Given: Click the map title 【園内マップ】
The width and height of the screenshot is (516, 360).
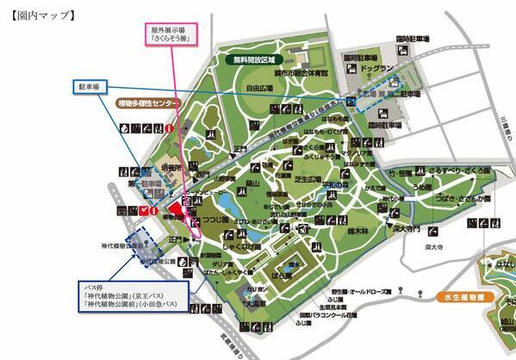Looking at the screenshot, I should [x=40, y=15].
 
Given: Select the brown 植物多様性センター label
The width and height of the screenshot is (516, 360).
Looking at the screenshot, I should [x=148, y=102].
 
